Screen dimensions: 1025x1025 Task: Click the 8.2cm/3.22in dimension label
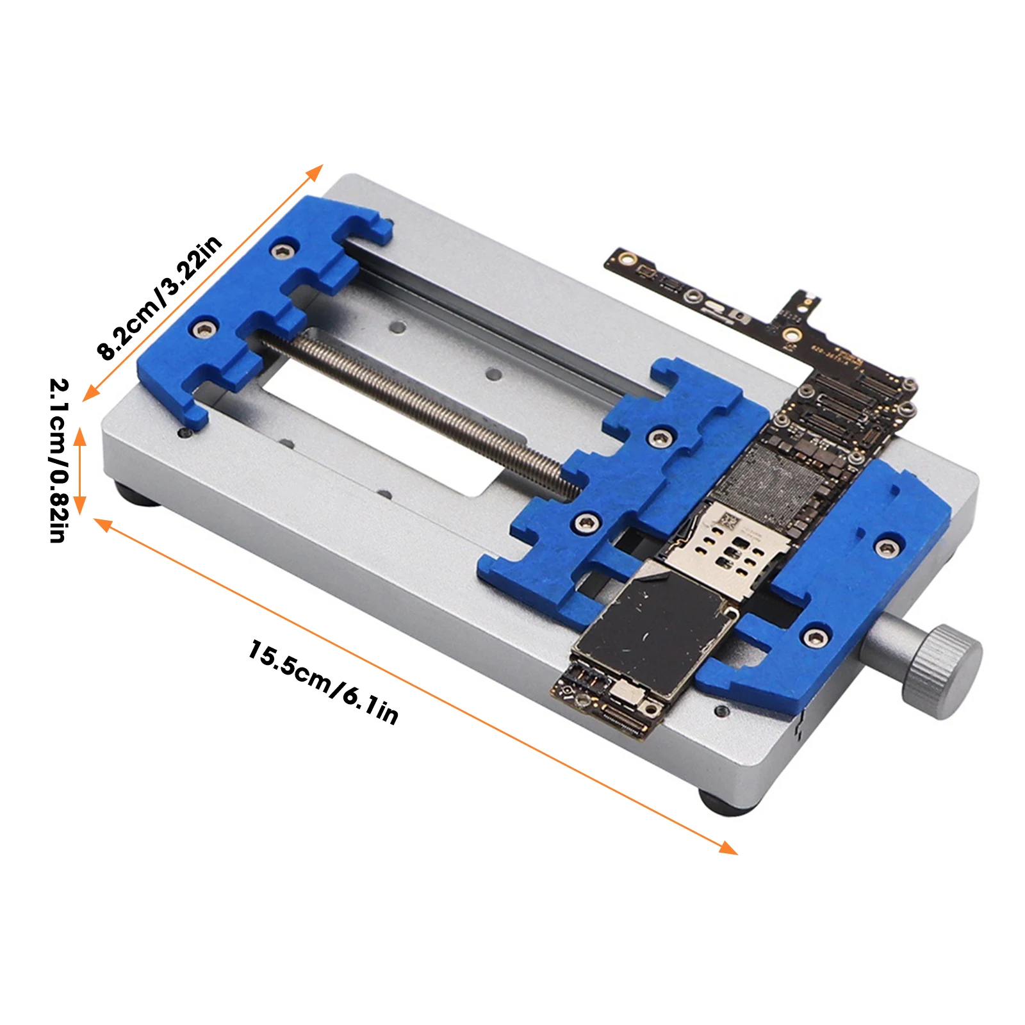160,297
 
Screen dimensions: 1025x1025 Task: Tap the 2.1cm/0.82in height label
58,461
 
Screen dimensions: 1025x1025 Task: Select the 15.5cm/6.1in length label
323,681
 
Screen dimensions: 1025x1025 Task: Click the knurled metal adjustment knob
942,672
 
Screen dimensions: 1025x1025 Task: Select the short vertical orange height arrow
79,471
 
